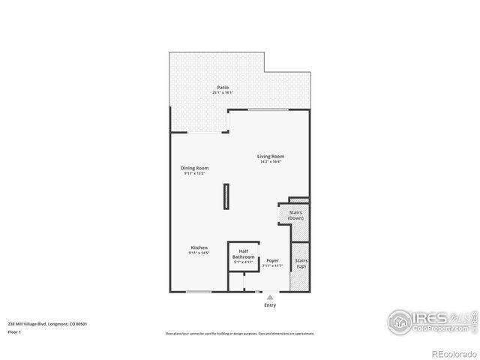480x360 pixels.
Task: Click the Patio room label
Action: coord(223,87)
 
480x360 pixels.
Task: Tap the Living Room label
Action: coord(271,156)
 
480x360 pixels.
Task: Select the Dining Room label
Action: coord(194,168)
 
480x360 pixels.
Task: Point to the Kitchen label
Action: coord(199,247)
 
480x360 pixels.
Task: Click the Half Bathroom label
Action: coord(244,254)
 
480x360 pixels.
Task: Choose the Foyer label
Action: coord(272,261)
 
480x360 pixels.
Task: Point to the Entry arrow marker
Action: coord(270,297)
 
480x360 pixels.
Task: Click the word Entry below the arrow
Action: coord(270,305)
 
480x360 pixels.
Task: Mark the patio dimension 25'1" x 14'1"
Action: coord(223,92)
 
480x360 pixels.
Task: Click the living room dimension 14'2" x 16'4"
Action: coord(271,161)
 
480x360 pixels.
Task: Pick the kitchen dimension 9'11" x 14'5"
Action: coord(199,253)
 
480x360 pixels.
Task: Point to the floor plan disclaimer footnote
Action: coord(240,333)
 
